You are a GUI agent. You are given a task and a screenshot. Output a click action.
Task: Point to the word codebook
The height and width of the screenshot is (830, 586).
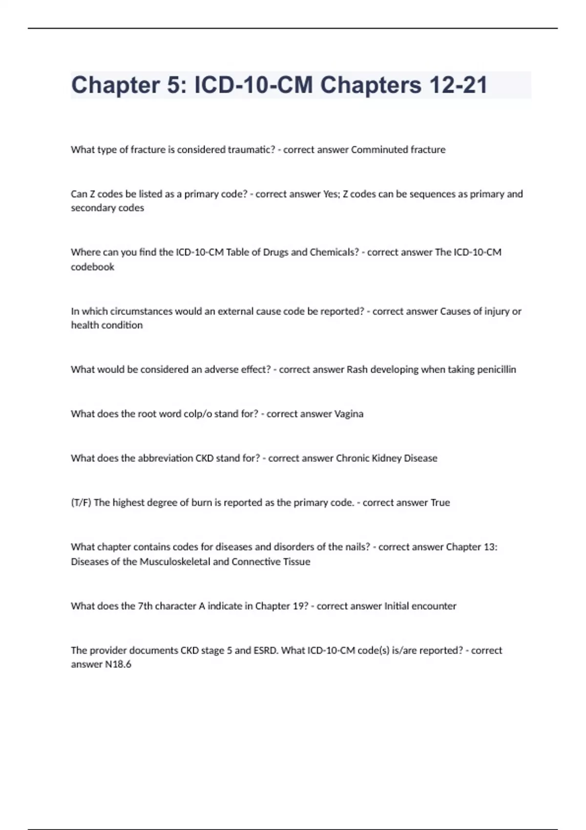(92, 267)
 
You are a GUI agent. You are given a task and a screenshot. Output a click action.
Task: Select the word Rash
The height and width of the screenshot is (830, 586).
(357, 369)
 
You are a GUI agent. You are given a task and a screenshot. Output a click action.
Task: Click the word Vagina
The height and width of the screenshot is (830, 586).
(349, 414)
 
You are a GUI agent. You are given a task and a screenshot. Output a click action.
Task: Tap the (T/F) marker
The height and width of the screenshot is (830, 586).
(81, 502)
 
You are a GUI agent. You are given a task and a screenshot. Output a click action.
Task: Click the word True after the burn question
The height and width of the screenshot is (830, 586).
(440, 502)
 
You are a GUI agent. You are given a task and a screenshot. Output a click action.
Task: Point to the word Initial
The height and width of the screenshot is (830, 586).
(397, 606)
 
